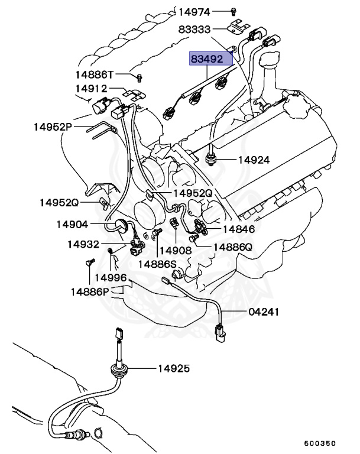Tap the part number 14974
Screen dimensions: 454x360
[x=194, y=11]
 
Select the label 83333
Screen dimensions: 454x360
[x=194, y=29]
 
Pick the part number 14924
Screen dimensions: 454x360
[x=254, y=160]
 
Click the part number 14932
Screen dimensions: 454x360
[x=83, y=244]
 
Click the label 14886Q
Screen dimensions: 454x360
[x=232, y=247]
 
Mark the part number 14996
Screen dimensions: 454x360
[x=111, y=277]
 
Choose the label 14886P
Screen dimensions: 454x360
[x=90, y=291]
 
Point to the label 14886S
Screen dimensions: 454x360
[x=158, y=264]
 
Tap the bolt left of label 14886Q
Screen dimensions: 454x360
[x=199, y=238]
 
